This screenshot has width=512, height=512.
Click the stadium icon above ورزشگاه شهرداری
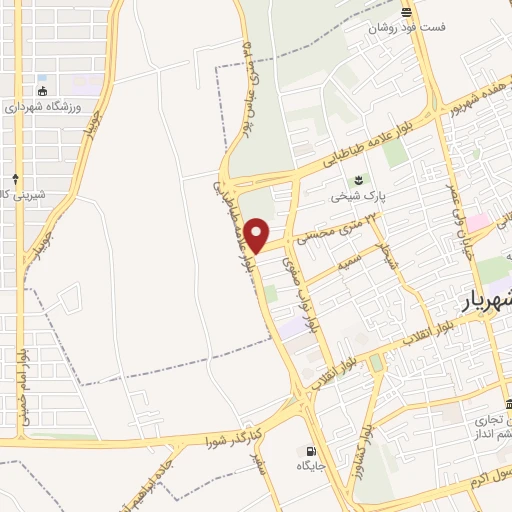41,92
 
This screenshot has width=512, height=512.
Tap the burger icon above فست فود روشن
406,12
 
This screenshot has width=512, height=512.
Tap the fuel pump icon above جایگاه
311,451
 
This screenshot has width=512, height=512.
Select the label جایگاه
311,466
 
